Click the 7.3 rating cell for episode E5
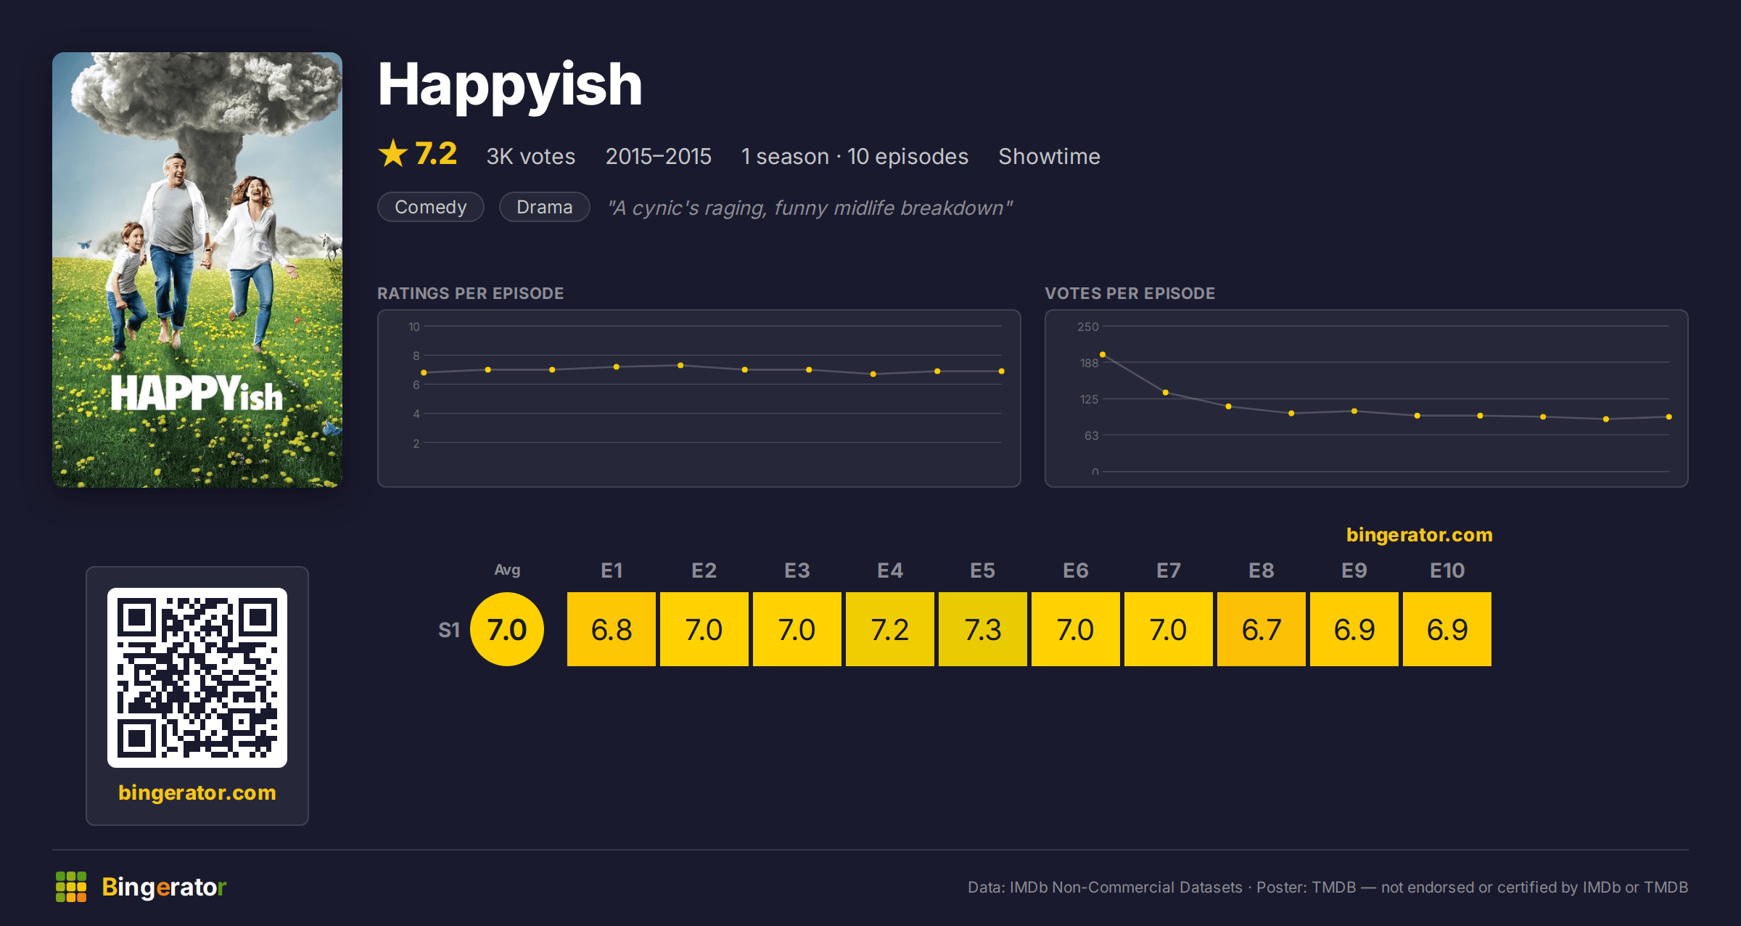[x=982, y=629]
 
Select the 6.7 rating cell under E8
[x=1261, y=629]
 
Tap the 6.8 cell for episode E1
[x=611, y=629]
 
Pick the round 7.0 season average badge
[x=507, y=629]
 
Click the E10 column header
[x=1447, y=570]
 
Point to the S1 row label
[x=449, y=630]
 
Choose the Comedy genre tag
[x=431, y=207]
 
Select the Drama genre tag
[x=545, y=207]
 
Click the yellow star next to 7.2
[x=393, y=153]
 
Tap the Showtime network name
[x=1049, y=156]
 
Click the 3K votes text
[x=531, y=156]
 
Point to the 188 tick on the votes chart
[x=1089, y=363]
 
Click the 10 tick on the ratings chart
[x=413, y=327]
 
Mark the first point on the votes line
[x=1103, y=354]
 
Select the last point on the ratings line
[x=1001, y=371]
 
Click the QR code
[x=197, y=678]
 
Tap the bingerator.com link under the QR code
[x=197, y=792]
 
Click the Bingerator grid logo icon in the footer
[x=71, y=887]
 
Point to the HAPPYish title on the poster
[x=197, y=393]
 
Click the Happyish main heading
[x=510, y=86]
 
